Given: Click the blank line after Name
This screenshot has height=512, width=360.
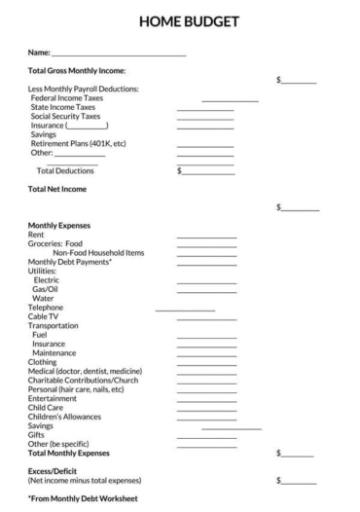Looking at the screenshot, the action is pos(119,55).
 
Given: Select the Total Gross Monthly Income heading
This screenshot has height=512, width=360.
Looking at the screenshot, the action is pos(78,71).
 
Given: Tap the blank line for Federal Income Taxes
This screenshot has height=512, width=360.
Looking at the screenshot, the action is pos(230,100).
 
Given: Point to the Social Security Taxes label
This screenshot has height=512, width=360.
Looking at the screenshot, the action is pos(65,116).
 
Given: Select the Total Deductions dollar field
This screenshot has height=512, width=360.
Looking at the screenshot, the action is pos(208,171).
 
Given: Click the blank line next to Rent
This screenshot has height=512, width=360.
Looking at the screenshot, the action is pos(206,237).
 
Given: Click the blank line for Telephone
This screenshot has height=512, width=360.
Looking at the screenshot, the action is pos(185,310).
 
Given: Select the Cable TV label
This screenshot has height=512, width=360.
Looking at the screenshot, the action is pos(43,316).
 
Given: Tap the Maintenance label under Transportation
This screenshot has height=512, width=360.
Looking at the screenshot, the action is pos(54,353).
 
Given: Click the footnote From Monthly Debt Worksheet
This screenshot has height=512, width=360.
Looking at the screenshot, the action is pos(83,499).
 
